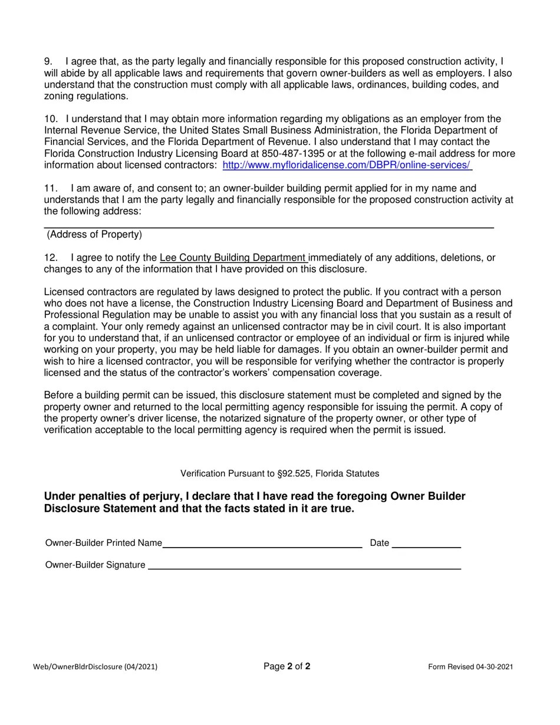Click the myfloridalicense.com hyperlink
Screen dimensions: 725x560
(x=347, y=165)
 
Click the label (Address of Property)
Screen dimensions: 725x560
(x=94, y=235)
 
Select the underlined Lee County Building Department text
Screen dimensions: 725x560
(x=233, y=258)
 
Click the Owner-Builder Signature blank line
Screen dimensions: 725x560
(x=304, y=566)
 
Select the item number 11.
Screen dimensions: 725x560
(x=50, y=189)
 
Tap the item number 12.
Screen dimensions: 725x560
(x=50, y=258)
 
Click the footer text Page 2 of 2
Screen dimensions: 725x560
(x=287, y=667)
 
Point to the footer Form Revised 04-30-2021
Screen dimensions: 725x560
(x=470, y=667)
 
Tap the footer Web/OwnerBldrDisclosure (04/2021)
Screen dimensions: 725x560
(x=95, y=667)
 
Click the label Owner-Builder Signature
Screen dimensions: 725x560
(x=95, y=565)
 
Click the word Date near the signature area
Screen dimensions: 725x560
(x=379, y=543)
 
